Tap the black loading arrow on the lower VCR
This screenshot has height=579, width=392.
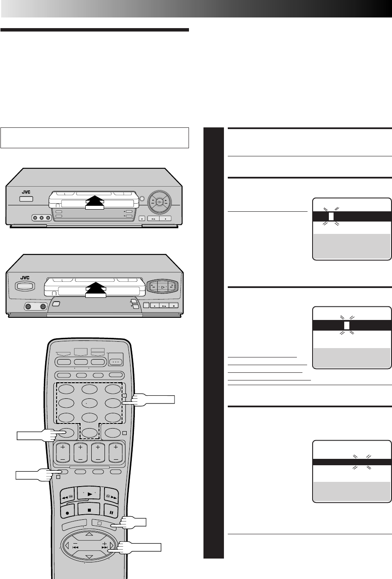point(98,289)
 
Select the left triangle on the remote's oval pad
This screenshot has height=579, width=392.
point(67,545)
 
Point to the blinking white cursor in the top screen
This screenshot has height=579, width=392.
point(331,216)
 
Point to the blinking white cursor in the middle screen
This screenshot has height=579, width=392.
point(347,325)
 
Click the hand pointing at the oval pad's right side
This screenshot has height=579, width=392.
point(141,548)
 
